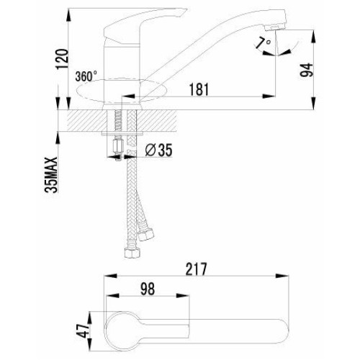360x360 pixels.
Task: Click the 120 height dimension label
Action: pos(62,59)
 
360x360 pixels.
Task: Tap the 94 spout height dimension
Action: pos(307,70)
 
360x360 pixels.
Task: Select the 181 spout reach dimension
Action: pos(199,89)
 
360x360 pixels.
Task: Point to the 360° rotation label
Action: pos(86,76)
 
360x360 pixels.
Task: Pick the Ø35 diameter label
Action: pos(158,150)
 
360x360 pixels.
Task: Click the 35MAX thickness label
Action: pos(51,175)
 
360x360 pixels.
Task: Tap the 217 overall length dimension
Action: pos(197,269)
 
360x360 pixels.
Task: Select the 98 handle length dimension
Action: pos(148,289)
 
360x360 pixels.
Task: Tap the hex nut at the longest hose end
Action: pos(131,253)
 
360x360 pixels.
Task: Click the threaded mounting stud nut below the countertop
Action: pos(117,147)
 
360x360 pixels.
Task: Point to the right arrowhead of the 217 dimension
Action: pos(282,276)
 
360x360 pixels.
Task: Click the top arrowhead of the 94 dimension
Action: pos(314,37)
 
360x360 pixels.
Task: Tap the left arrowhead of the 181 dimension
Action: pos(128,96)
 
